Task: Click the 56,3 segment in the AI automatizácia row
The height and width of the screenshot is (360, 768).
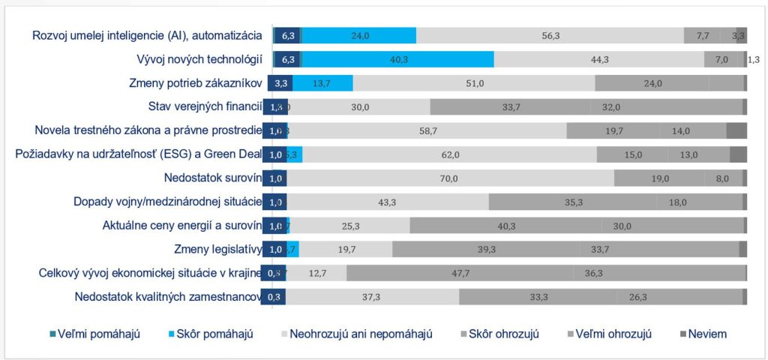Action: pos(550,35)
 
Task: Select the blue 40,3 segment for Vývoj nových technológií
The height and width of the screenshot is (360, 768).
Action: pos(398,59)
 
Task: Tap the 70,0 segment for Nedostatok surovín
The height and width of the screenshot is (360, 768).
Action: pos(449,178)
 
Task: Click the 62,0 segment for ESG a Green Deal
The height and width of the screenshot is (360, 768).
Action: pos(449,154)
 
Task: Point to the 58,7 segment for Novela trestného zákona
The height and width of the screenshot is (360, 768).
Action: pos(427,130)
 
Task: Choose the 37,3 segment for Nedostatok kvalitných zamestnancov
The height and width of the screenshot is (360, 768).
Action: pos(372,297)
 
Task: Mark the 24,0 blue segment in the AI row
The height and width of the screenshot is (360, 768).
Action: pos(359,35)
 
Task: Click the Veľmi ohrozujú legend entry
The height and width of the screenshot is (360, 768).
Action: pos(613,334)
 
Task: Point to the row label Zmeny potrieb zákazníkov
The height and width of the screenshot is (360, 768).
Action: pos(196,83)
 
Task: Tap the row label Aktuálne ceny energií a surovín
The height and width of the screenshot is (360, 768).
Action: pos(181,226)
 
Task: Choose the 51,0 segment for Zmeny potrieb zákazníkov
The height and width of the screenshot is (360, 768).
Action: pos(474,83)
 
